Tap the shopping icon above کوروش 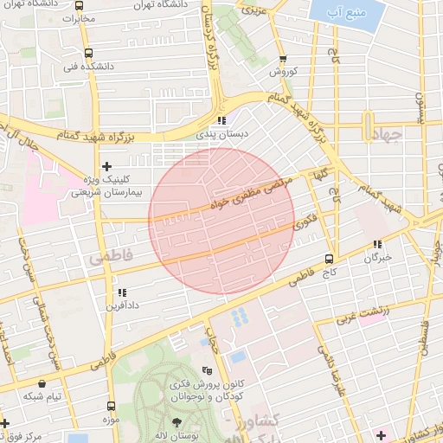click(x=283, y=59)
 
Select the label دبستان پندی click(x=225, y=135)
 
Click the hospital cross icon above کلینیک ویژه click(x=106, y=166)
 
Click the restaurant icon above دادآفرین click(x=121, y=292)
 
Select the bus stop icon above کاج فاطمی click(x=329, y=259)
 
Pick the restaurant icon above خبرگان click(x=376, y=245)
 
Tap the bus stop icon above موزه click(x=111, y=405)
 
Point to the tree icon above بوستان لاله click(x=177, y=423)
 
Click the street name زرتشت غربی click(x=363, y=310)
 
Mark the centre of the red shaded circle click(x=221, y=221)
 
